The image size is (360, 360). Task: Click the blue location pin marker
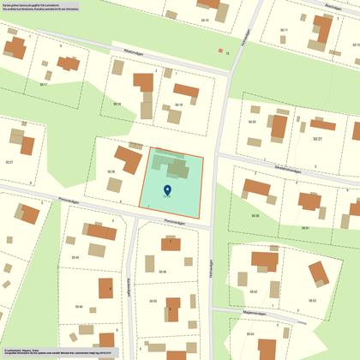coord(166,190)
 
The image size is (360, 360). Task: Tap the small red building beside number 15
coord(220,51)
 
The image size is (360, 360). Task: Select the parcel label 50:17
coord(43,84)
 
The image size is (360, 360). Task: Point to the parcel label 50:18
coord(117,104)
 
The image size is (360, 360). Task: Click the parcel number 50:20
coord(252,123)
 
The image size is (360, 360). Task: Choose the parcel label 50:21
coord(316,137)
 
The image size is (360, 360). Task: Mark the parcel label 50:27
coord(9,162)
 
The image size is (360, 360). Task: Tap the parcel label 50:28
coord(111,171)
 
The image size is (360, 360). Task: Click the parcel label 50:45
coord(75,257)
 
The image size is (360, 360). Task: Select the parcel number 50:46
coord(79,307)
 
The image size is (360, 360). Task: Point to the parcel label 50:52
coord(253,291)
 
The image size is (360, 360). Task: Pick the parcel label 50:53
coord(313,300)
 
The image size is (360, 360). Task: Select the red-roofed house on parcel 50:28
coord(129,159)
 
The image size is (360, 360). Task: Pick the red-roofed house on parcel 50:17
coord(66,63)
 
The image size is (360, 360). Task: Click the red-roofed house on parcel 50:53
coord(318,273)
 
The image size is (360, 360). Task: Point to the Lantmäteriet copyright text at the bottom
coord(51,351)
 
